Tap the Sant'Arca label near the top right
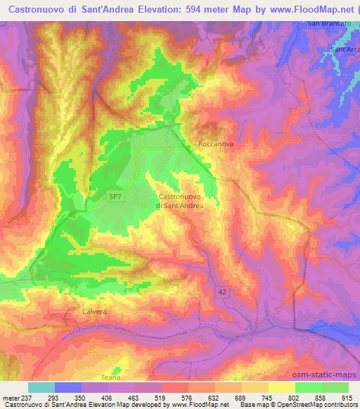click(345, 50)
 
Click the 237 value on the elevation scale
click(27, 396)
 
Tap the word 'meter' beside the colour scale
click(10, 396)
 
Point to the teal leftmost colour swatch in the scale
click(41, 387)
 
